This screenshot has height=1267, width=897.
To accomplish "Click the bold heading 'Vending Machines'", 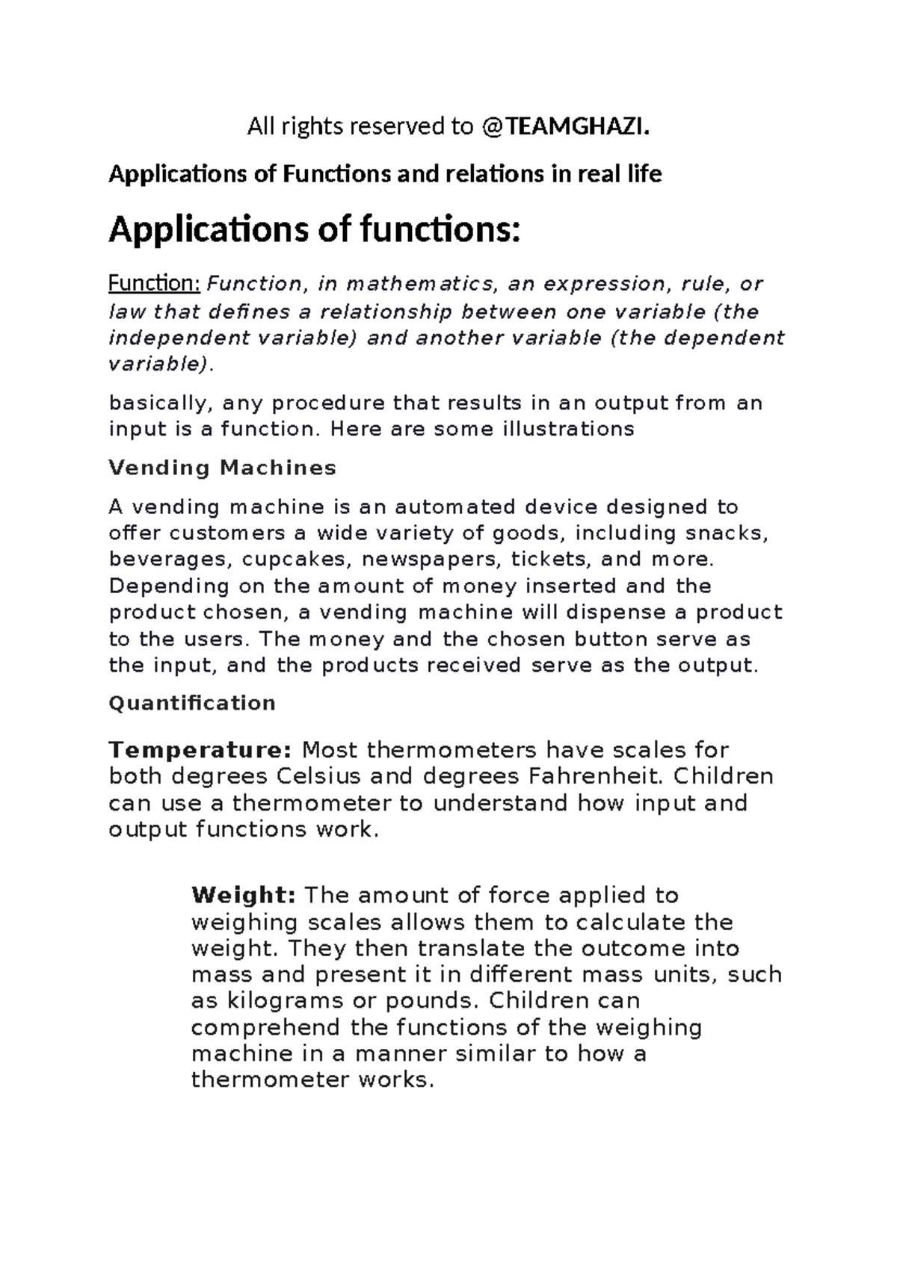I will (223, 468).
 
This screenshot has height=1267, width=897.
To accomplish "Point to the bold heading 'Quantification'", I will (192, 703).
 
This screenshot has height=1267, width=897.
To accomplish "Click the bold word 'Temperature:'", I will (200, 749).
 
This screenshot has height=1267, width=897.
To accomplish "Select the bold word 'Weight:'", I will (244, 895).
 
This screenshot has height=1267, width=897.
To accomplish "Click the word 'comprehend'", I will (267, 1027).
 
